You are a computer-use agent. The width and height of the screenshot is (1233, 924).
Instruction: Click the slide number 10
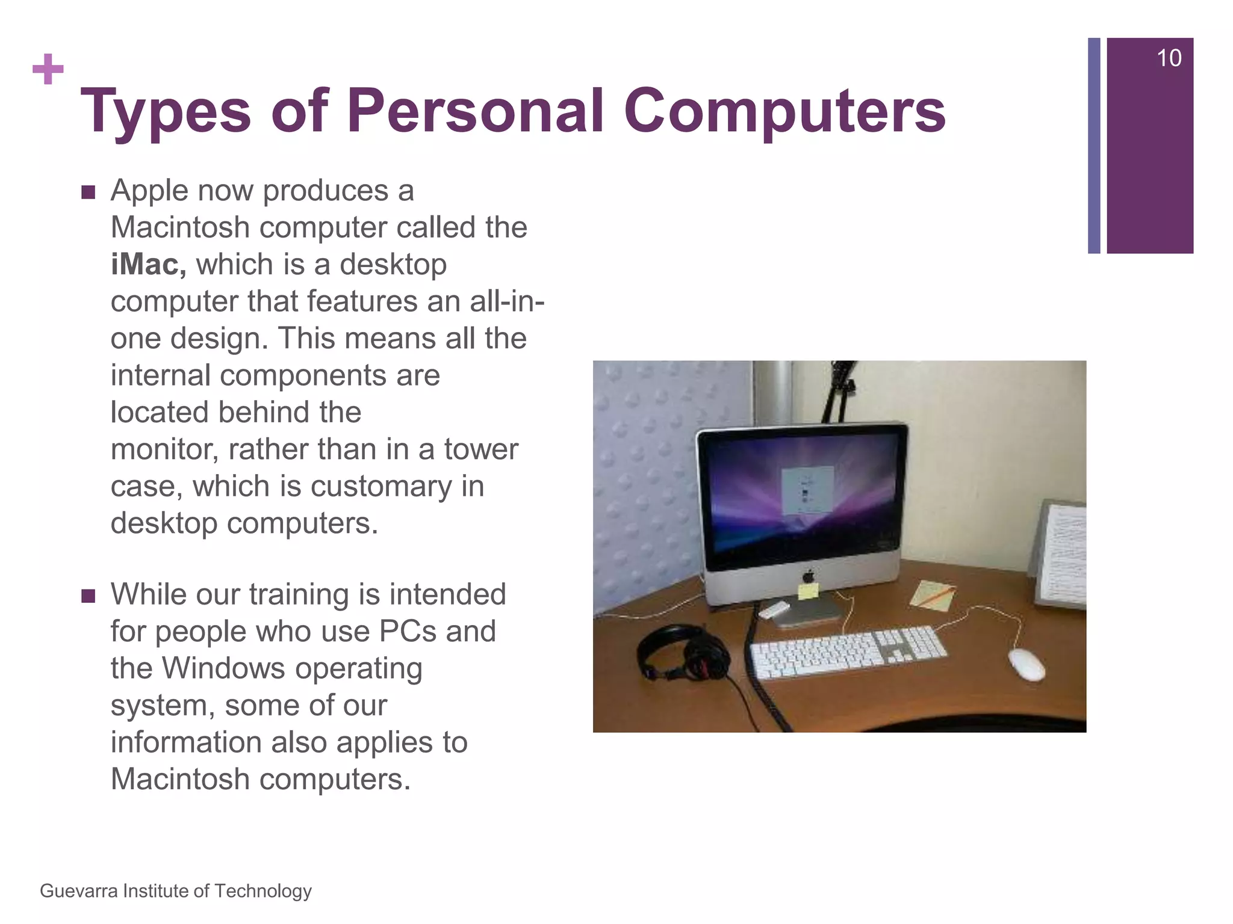[1169, 58]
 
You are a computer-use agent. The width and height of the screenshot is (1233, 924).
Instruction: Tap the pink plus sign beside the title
[48, 70]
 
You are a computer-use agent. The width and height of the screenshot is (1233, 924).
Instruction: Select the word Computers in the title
[784, 112]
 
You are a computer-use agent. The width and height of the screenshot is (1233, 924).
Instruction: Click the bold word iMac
[148, 265]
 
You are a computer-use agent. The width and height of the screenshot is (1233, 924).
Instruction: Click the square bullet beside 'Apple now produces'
[89, 192]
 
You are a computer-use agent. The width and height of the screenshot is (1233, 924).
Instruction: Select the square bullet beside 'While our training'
[89, 596]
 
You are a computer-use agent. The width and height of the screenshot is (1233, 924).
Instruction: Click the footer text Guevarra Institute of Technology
[176, 890]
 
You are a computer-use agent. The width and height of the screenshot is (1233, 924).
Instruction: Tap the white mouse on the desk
[1026, 664]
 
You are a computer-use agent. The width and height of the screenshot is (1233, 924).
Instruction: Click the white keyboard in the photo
[848, 652]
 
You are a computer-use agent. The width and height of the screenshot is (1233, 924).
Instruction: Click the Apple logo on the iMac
[809, 576]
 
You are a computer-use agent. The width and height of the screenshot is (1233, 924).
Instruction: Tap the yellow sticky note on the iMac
[808, 591]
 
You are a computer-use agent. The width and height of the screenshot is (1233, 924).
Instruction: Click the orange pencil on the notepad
[935, 595]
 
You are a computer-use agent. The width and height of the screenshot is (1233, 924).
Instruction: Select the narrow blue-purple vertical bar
[1094, 146]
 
